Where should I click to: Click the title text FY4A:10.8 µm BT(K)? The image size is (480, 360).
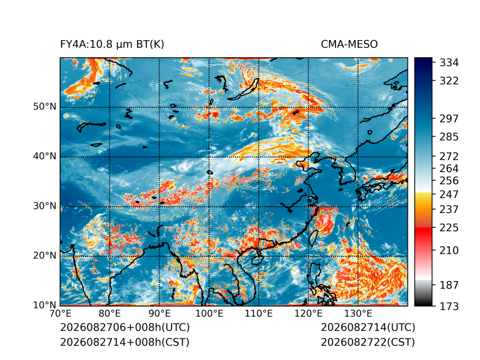(112, 45)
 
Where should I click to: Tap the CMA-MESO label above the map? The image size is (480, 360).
(349, 45)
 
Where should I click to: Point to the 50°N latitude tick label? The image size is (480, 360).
(45, 107)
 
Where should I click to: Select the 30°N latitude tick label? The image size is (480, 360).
(45, 206)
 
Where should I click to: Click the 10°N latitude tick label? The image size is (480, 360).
(45, 305)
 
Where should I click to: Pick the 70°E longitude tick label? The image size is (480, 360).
(60, 314)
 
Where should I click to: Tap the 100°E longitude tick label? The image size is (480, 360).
(209, 314)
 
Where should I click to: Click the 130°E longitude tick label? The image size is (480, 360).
(358, 314)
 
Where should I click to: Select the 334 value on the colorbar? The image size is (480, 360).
(449, 63)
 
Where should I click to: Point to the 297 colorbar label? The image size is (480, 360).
(449, 119)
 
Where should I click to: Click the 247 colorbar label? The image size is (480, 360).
(449, 194)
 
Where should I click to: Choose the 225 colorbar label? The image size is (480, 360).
(449, 228)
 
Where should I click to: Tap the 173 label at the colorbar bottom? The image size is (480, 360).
(449, 307)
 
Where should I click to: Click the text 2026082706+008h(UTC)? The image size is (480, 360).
(125, 327)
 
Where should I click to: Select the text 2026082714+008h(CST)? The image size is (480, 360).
(124, 342)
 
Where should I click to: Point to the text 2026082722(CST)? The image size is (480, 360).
(368, 342)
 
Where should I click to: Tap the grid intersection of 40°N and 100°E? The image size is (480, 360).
(209, 157)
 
